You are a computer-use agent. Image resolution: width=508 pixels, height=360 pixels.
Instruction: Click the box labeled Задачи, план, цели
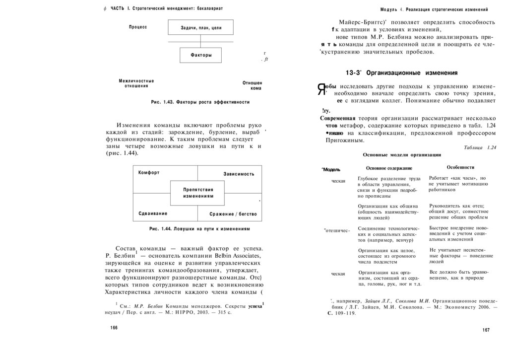click(x=201, y=28)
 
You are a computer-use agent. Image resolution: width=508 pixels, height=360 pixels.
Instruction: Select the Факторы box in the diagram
click(x=201, y=55)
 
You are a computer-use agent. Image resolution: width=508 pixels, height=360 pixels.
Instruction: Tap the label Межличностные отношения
click(x=136, y=83)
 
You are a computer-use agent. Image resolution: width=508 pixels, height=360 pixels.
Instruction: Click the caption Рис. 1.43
click(x=200, y=102)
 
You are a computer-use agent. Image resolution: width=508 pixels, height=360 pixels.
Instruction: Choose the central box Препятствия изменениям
click(x=198, y=193)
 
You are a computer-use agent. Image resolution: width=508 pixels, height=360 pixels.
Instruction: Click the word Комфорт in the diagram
click(x=149, y=172)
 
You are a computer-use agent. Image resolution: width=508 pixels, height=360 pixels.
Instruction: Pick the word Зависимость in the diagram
click(x=239, y=174)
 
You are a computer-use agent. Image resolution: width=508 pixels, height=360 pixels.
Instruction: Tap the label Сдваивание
click(x=153, y=214)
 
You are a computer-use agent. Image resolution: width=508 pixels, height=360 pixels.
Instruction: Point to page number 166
click(x=114, y=328)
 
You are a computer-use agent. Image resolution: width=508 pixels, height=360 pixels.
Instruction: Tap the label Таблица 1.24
click(x=480, y=147)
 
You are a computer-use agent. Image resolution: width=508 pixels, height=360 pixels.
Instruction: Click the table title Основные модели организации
click(x=402, y=155)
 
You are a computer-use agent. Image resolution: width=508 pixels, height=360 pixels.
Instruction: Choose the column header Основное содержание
click(x=389, y=168)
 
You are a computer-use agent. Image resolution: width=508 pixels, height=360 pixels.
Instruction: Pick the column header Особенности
click(x=460, y=167)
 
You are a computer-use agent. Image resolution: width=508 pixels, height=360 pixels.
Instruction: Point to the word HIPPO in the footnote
click(x=181, y=313)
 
